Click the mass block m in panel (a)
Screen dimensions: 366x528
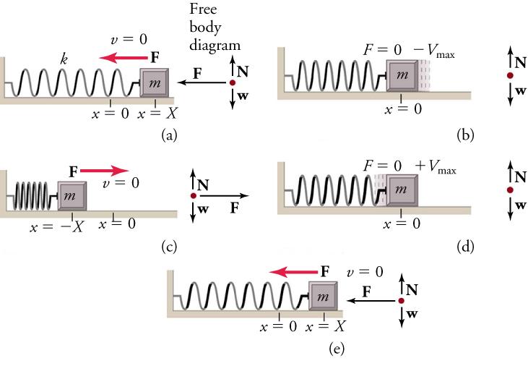coord(155,83)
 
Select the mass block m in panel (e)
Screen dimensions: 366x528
coord(324,297)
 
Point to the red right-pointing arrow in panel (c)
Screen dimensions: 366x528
coord(102,170)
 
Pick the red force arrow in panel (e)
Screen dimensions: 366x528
coord(293,271)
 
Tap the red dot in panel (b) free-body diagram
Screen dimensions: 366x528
coord(510,75)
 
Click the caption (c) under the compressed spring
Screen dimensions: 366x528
coord(169,247)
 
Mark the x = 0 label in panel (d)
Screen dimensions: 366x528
coord(402,223)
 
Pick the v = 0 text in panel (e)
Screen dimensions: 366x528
coord(365,272)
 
